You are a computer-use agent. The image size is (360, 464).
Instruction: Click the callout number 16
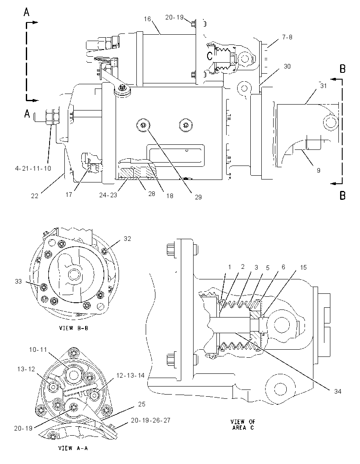[x=147, y=19]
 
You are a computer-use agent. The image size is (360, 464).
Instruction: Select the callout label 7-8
[x=287, y=37]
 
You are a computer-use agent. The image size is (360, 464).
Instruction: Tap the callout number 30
[x=287, y=66]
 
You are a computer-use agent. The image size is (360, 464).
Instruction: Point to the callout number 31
[x=323, y=86]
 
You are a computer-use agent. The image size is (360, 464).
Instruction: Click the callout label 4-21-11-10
[x=33, y=168]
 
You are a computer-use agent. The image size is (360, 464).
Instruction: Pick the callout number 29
[x=198, y=197]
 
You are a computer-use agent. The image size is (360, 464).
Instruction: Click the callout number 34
[x=338, y=392]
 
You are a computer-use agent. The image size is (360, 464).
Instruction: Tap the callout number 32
[x=127, y=238]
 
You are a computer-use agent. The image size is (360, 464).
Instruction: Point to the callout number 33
[x=18, y=282]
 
